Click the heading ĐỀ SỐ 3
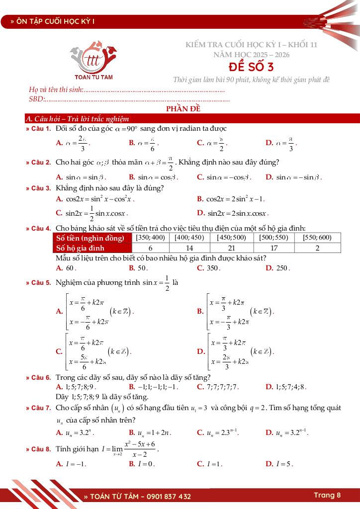[251, 67]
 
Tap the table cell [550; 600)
[317, 238]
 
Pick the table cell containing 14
[188, 248]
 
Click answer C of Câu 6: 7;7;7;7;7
[218, 386]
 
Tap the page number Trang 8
[327, 495]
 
